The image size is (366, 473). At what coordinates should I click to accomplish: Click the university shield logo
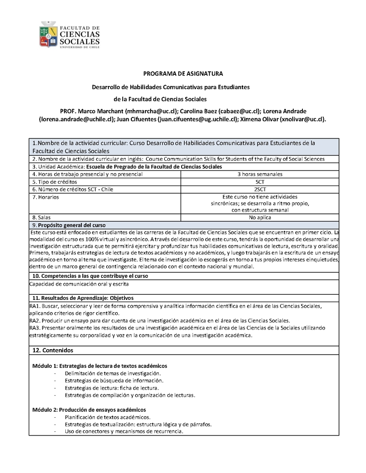pos(50,34)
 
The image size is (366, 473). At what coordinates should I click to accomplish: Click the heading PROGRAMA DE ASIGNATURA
pos(183,74)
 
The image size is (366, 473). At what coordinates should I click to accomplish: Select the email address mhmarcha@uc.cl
pos(151,111)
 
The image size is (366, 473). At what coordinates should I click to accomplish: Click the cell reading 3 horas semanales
pos(259,174)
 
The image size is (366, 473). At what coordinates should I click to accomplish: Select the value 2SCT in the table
pos(259,189)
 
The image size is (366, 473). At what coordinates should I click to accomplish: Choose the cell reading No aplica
pos(259,218)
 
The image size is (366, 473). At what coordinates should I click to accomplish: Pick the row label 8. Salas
pos(42,218)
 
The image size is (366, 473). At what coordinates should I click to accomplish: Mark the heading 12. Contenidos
pos(53,350)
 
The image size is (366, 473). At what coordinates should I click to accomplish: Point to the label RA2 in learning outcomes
pos(35,320)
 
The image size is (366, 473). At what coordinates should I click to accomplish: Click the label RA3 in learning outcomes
pos(35,328)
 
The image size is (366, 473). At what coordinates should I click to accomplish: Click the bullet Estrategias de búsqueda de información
pos(114,380)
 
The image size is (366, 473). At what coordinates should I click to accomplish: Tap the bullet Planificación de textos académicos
pos(108,417)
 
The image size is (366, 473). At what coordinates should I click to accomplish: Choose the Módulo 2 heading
pos(89,409)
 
